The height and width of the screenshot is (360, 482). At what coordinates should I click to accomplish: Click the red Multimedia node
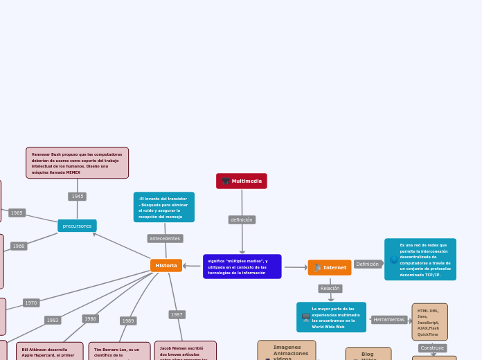click(242, 181)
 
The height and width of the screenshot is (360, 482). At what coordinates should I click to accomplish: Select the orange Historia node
click(166, 266)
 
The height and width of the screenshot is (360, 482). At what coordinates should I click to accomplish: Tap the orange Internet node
click(330, 268)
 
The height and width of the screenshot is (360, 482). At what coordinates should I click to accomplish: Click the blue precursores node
click(77, 226)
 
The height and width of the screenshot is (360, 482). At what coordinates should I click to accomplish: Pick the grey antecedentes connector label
click(165, 239)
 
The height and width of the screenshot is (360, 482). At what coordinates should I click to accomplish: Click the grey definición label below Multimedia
click(242, 220)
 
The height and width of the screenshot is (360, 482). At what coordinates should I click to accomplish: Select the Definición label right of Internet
click(368, 264)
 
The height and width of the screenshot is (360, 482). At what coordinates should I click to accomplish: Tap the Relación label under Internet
click(330, 289)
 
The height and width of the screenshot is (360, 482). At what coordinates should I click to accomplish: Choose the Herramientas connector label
click(389, 320)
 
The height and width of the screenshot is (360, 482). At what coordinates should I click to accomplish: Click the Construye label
click(433, 348)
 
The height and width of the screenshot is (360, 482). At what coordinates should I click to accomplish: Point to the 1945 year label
click(77, 197)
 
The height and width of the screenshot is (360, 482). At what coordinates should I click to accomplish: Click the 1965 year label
click(17, 213)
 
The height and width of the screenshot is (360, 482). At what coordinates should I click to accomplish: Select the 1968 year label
click(19, 246)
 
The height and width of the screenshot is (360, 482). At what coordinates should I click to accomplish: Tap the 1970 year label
click(31, 303)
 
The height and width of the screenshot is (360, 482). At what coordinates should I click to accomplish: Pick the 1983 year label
click(53, 321)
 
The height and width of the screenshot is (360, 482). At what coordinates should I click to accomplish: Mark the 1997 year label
click(177, 315)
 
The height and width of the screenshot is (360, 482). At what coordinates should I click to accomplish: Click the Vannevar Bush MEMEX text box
click(77, 163)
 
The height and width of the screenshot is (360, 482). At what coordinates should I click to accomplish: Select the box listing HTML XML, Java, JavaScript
click(429, 322)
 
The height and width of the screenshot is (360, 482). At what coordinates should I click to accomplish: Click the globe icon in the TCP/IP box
click(394, 260)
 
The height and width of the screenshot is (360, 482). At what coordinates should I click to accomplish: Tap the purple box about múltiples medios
click(242, 267)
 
